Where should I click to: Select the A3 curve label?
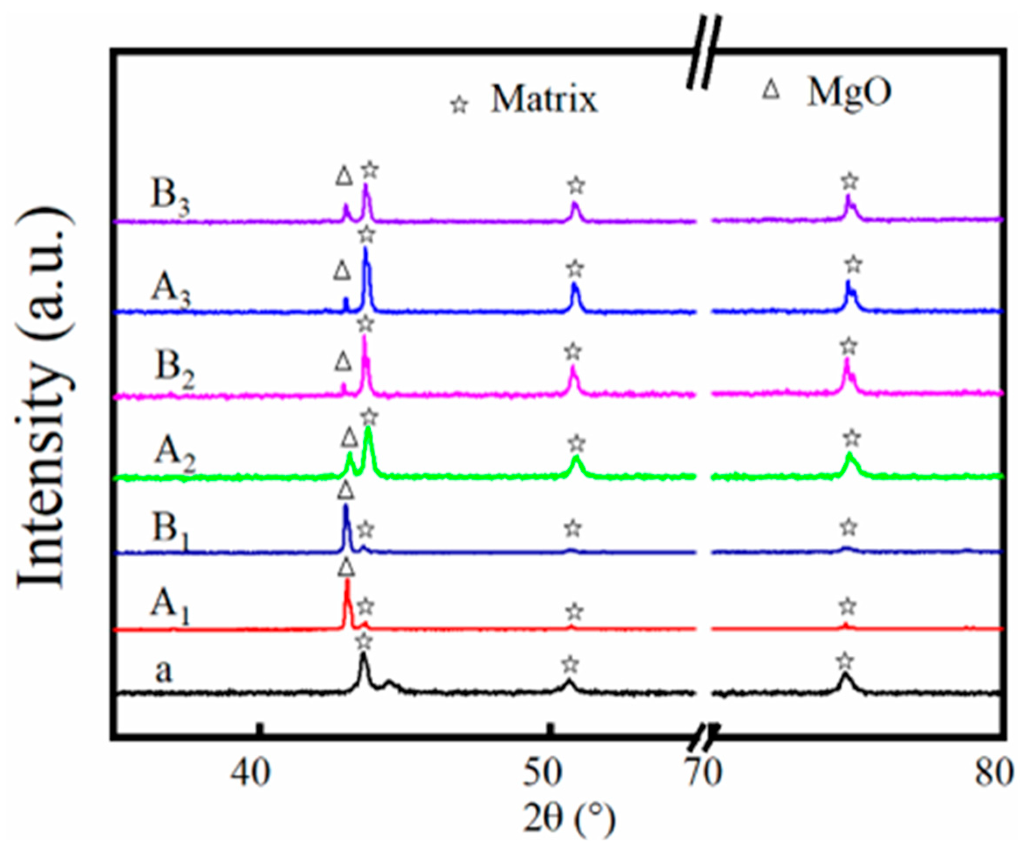170,289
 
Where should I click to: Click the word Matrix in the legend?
544,100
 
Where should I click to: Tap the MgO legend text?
849,93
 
